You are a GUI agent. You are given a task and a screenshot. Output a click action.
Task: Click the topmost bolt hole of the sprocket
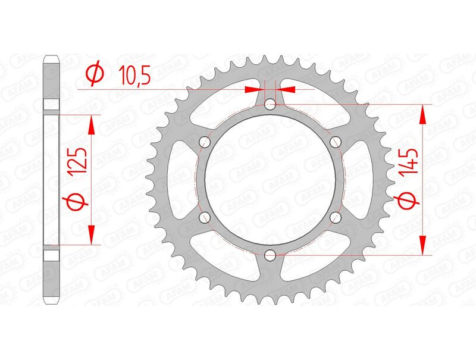[x=270, y=105]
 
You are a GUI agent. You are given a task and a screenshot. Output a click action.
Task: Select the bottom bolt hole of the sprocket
[x=270, y=255]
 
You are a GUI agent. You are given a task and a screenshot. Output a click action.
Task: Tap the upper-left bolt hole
[x=205, y=142]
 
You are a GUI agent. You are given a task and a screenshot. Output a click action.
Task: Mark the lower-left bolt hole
[x=205, y=217]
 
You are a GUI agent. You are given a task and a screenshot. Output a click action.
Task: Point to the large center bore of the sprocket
[x=270, y=180]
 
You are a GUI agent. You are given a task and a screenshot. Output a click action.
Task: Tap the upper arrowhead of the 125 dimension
[x=92, y=124]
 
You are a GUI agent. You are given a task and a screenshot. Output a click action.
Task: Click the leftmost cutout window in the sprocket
[x=176, y=180]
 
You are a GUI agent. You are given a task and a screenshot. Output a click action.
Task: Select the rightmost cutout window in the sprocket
[x=365, y=180]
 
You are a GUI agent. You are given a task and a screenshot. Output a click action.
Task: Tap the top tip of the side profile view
[x=52, y=58]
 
